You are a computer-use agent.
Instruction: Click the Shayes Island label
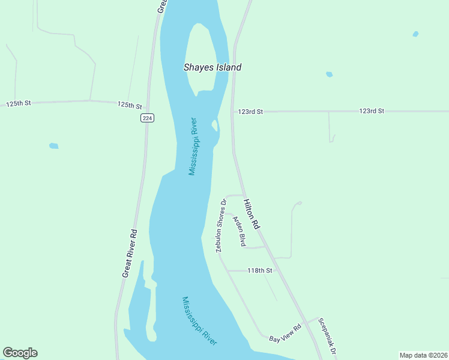tap(212, 67)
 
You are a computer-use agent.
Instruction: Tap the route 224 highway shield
tap(148, 118)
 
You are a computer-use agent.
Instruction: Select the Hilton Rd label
tap(252, 214)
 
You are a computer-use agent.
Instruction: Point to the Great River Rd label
tap(129, 253)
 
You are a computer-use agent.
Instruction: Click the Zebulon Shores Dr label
tap(220, 225)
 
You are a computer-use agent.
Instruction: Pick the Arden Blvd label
tap(240, 232)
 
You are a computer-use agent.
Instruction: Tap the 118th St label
tap(260, 271)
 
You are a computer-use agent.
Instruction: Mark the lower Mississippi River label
tap(199, 321)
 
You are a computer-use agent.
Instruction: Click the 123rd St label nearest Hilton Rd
tap(250, 112)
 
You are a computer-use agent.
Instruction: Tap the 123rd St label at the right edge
tap(372, 111)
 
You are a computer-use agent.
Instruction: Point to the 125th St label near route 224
tap(129, 104)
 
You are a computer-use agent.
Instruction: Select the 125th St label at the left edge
tap(19, 104)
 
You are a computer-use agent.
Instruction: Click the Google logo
tap(20, 353)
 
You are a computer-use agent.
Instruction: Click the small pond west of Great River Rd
tap(53, 146)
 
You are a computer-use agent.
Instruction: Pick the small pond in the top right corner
tap(415, 34)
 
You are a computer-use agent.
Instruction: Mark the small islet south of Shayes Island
tap(214, 125)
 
